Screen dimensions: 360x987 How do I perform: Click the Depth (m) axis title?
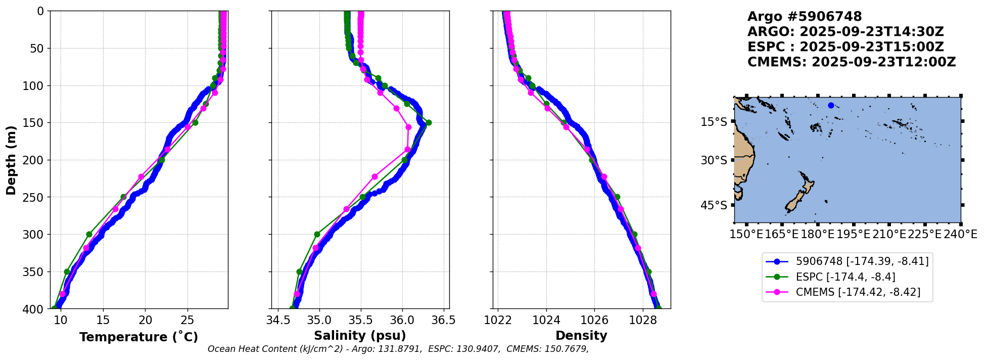[x=11, y=160]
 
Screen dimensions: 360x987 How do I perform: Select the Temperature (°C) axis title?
[x=138, y=337]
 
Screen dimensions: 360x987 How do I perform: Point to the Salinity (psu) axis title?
[x=360, y=336]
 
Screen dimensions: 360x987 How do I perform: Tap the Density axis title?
[x=581, y=336]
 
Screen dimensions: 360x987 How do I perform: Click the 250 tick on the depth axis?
[x=36, y=197]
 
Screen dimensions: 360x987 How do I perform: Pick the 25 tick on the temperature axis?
[x=187, y=321]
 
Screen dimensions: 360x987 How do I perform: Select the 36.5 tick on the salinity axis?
[x=444, y=321]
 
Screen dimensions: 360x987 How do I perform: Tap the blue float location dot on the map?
[x=831, y=105]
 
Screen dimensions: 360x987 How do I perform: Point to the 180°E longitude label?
[x=817, y=235]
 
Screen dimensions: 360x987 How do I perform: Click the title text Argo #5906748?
[x=805, y=17]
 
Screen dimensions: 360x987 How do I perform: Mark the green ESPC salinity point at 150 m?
[x=429, y=122]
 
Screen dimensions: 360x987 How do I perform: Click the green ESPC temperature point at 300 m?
[x=89, y=234]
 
